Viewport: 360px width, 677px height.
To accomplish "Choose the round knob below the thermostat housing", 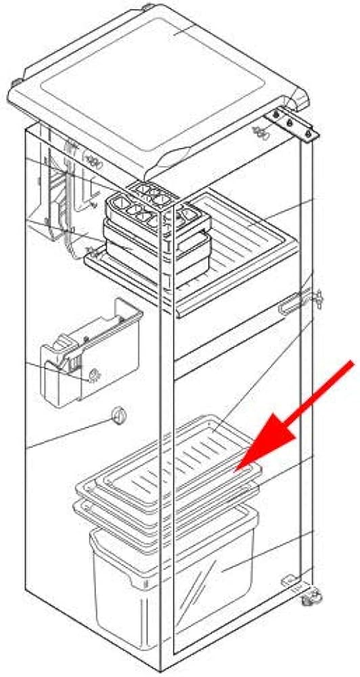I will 119,417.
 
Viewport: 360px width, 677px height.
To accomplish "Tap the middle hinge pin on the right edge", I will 315,297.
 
